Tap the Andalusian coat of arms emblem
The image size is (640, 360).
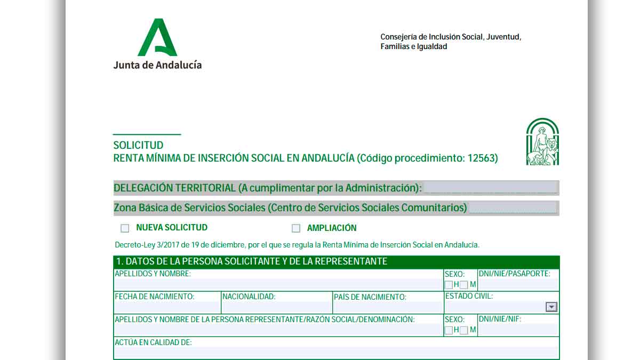pyautogui.click(x=542, y=142)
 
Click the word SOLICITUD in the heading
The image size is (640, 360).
pyautogui.click(x=138, y=145)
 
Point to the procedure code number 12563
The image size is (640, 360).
pyautogui.click(x=482, y=158)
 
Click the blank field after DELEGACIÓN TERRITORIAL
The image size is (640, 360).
pyautogui.click(x=490, y=188)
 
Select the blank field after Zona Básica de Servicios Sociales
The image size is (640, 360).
pyautogui.click(x=512, y=207)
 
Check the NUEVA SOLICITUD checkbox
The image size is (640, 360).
pyautogui.click(x=125, y=228)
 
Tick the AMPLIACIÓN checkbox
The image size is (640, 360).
pyautogui.click(x=296, y=228)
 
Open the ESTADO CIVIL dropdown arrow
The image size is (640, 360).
pyautogui.click(x=551, y=307)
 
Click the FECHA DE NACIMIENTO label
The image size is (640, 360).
pyautogui.click(x=155, y=297)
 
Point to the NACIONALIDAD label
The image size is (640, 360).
pyautogui.click(x=249, y=297)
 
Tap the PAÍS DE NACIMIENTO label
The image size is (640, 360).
pyautogui.click(x=370, y=297)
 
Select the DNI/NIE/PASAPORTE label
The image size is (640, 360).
pyautogui.click(x=514, y=274)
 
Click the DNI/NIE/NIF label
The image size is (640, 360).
pyautogui.click(x=500, y=319)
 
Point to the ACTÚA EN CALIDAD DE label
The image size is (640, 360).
pyautogui.click(x=153, y=342)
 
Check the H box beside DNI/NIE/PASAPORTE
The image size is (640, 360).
pyautogui.click(x=449, y=285)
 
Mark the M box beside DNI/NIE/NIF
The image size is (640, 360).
pyautogui.click(x=464, y=330)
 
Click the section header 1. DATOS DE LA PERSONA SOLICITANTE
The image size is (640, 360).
pyautogui.click(x=252, y=261)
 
